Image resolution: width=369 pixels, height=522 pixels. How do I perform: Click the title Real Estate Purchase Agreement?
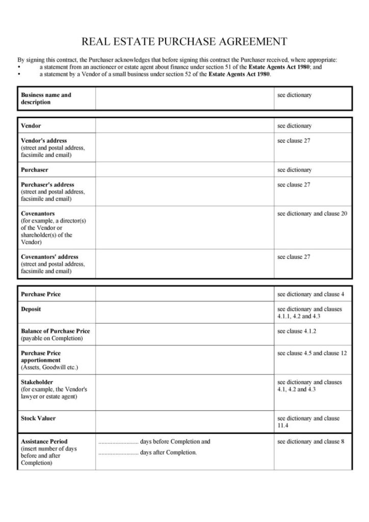click(184, 41)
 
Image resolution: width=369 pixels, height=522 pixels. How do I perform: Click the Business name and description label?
click(46, 98)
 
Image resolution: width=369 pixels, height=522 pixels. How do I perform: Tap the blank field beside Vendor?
click(184, 125)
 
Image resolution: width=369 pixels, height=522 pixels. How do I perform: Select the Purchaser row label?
click(35, 170)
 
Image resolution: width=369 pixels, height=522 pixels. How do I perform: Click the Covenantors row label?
click(38, 214)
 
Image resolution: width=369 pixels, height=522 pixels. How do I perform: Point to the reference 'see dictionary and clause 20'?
click(312, 214)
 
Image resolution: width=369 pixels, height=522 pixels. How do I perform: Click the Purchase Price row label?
click(41, 295)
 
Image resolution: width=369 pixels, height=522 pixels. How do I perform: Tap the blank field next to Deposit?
click(184, 312)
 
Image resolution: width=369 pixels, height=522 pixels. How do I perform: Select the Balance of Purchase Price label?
click(56, 331)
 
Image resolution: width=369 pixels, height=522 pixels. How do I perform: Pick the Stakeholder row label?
click(37, 382)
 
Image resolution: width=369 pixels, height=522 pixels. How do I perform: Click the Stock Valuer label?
click(38, 419)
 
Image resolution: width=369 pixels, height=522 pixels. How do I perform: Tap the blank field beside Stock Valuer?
click(184, 422)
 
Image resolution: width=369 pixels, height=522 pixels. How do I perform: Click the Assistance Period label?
click(44, 441)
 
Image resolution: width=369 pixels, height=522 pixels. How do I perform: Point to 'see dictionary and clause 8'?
click(311, 441)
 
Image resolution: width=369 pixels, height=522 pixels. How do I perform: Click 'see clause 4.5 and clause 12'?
click(312, 353)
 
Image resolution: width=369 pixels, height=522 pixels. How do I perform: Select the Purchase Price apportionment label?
click(41, 356)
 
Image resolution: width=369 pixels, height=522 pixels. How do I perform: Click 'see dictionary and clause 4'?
click(311, 295)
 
